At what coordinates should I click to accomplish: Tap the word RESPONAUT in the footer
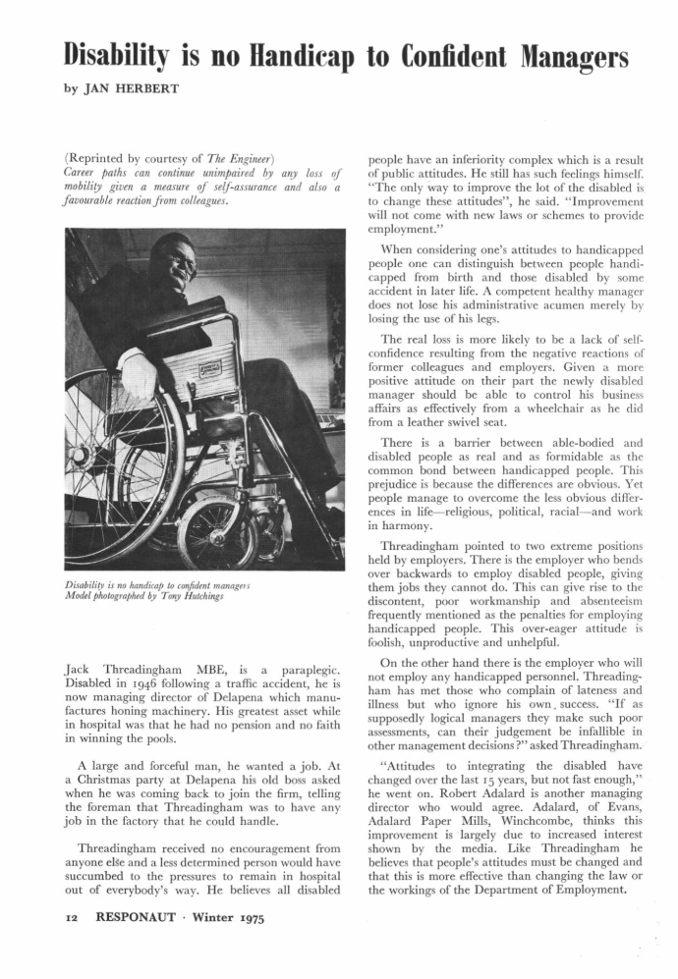tap(113, 923)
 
